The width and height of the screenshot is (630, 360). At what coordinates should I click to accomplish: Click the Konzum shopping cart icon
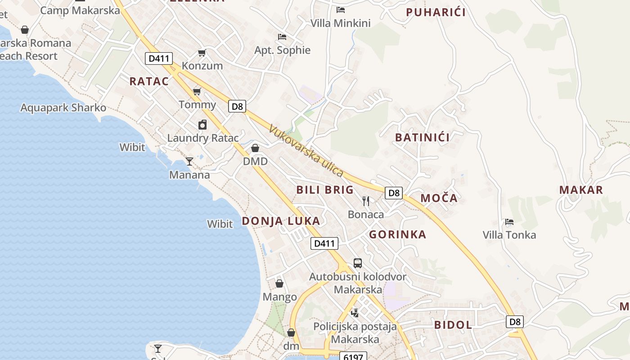pos(202,53)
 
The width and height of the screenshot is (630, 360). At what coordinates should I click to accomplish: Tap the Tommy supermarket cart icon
pos(197,92)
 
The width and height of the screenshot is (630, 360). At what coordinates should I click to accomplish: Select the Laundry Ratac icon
pos(202,125)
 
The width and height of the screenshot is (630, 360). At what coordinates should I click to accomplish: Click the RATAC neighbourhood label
pos(149,81)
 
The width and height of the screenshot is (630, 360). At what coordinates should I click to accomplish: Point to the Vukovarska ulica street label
pos(306,151)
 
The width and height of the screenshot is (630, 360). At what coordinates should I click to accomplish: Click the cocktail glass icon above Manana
pos(189,161)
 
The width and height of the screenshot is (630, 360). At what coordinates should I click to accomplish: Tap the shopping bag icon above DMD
pos(255,148)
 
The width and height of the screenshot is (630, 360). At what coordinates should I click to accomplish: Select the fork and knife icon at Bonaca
pos(366,201)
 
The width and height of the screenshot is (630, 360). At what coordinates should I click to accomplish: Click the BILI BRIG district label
pos(325,190)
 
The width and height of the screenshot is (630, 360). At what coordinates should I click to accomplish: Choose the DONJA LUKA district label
pos(281,221)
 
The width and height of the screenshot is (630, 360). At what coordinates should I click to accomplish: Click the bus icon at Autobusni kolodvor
pos(358,263)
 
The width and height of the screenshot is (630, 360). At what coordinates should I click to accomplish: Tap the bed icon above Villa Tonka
pos(509,221)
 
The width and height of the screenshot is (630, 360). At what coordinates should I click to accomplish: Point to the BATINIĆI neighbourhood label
pos(422,138)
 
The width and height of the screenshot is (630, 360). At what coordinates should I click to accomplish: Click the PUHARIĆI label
pos(436,12)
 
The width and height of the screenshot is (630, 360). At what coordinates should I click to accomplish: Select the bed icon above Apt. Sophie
pos(282,36)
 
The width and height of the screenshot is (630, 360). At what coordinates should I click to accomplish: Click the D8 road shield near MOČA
pos(393,193)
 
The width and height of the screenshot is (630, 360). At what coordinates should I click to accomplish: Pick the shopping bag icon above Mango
pos(279,283)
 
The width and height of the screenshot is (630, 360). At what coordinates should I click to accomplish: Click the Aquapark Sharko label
pos(63,108)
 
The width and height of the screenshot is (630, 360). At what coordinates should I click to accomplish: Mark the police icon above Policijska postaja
pos(355,312)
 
